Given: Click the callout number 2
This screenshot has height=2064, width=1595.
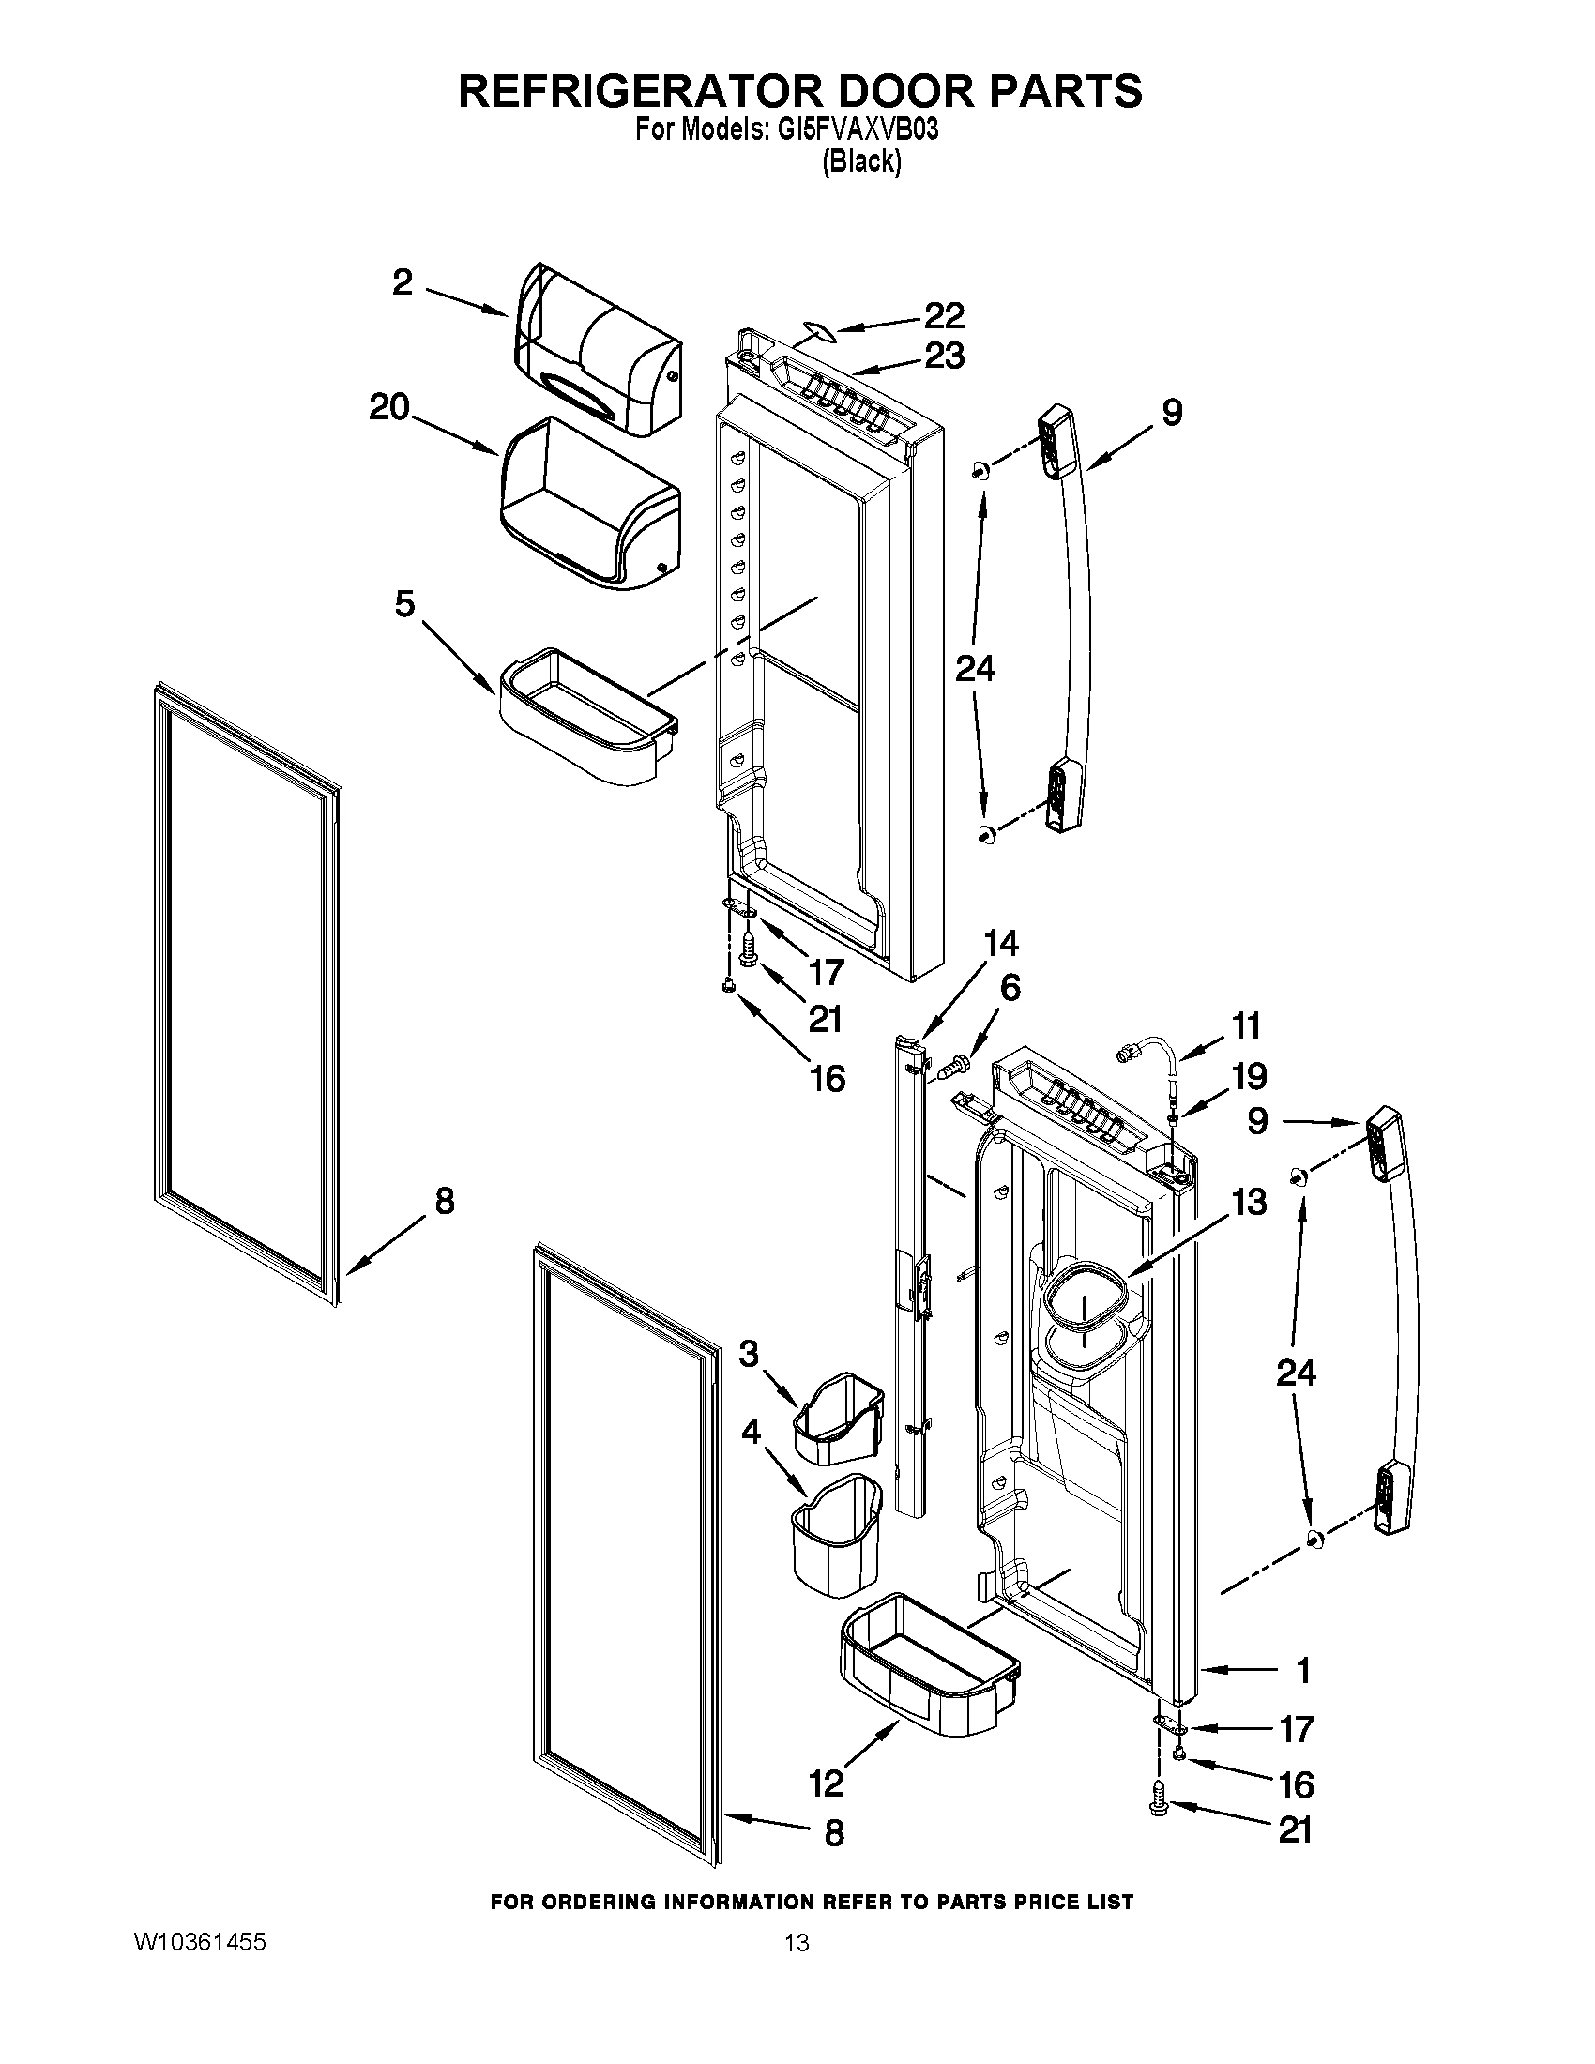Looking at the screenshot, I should point(403,282).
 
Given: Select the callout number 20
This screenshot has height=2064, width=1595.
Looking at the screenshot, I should point(389,408).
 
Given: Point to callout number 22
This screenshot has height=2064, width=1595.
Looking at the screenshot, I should point(943,314).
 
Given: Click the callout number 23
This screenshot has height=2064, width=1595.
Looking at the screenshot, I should point(944,357).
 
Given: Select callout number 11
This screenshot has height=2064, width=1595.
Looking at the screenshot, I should point(1245,1025).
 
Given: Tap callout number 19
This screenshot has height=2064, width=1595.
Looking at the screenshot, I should point(1249,1075).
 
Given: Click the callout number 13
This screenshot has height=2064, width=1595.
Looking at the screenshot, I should point(1249,1202).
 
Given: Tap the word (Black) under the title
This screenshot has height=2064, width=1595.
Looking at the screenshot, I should point(860,162).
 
